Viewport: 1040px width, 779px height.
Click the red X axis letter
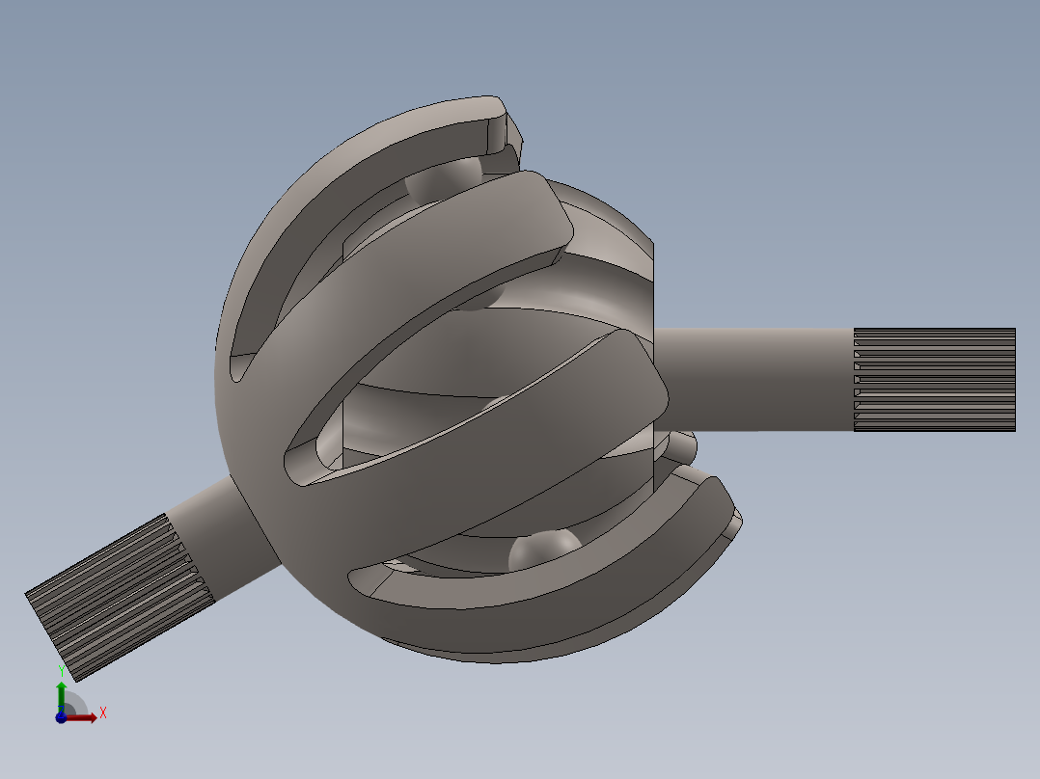pos(102,712)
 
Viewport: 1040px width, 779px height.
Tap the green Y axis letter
pos(61,671)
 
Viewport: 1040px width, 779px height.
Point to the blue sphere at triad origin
pos(61,717)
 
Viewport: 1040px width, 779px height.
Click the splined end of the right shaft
pos(934,379)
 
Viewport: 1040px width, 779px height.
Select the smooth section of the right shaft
pos(753,379)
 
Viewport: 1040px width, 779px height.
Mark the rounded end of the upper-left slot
pos(238,367)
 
